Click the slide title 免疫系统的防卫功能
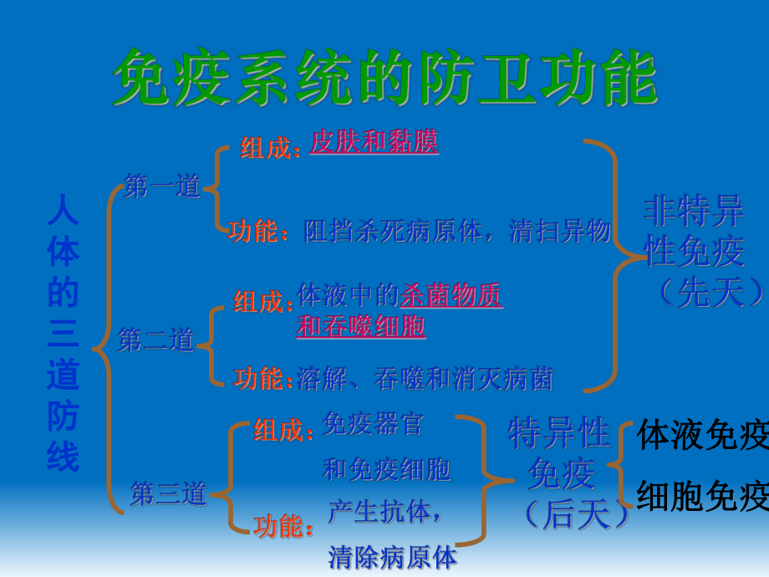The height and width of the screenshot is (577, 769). [x=384, y=78]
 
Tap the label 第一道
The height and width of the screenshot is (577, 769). [x=163, y=187]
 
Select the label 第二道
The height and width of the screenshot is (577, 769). [x=156, y=340]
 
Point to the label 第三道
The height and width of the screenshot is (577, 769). [x=168, y=493]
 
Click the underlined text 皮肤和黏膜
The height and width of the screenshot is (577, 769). [x=374, y=142]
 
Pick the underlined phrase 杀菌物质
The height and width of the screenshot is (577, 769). [x=451, y=295]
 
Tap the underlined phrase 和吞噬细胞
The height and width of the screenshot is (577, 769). [x=361, y=325]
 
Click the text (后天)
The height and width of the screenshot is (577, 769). [x=577, y=514]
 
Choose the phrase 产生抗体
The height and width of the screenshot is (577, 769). [x=382, y=512]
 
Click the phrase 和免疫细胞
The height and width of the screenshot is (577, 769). [x=387, y=470]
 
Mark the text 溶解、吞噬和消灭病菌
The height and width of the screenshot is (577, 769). [x=425, y=380]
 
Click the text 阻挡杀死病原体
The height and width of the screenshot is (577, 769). [x=394, y=232]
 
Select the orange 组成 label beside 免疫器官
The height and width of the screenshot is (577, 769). [x=278, y=431]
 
